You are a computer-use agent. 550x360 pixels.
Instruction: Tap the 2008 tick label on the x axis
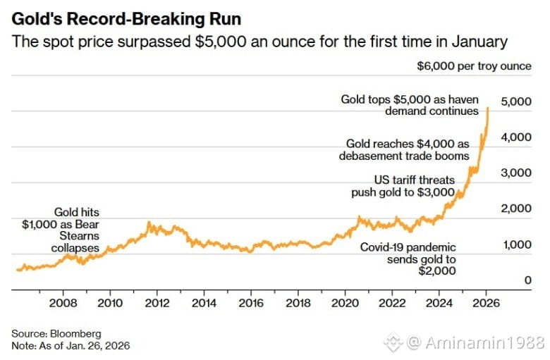[x=63, y=304]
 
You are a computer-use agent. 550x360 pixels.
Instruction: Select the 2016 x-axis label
[x=251, y=304]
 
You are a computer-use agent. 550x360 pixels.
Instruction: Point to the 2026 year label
[x=486, y=304]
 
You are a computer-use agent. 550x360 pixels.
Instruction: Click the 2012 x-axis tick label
[x=157, y=304]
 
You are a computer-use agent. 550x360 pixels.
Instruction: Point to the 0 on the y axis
[x=527, y=280]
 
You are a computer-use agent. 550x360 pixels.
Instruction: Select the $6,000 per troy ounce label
[x=474, y=66]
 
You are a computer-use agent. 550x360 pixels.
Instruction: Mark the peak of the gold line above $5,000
[x=488, y=108]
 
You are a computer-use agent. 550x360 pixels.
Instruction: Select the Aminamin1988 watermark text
[x=485, y=343]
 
